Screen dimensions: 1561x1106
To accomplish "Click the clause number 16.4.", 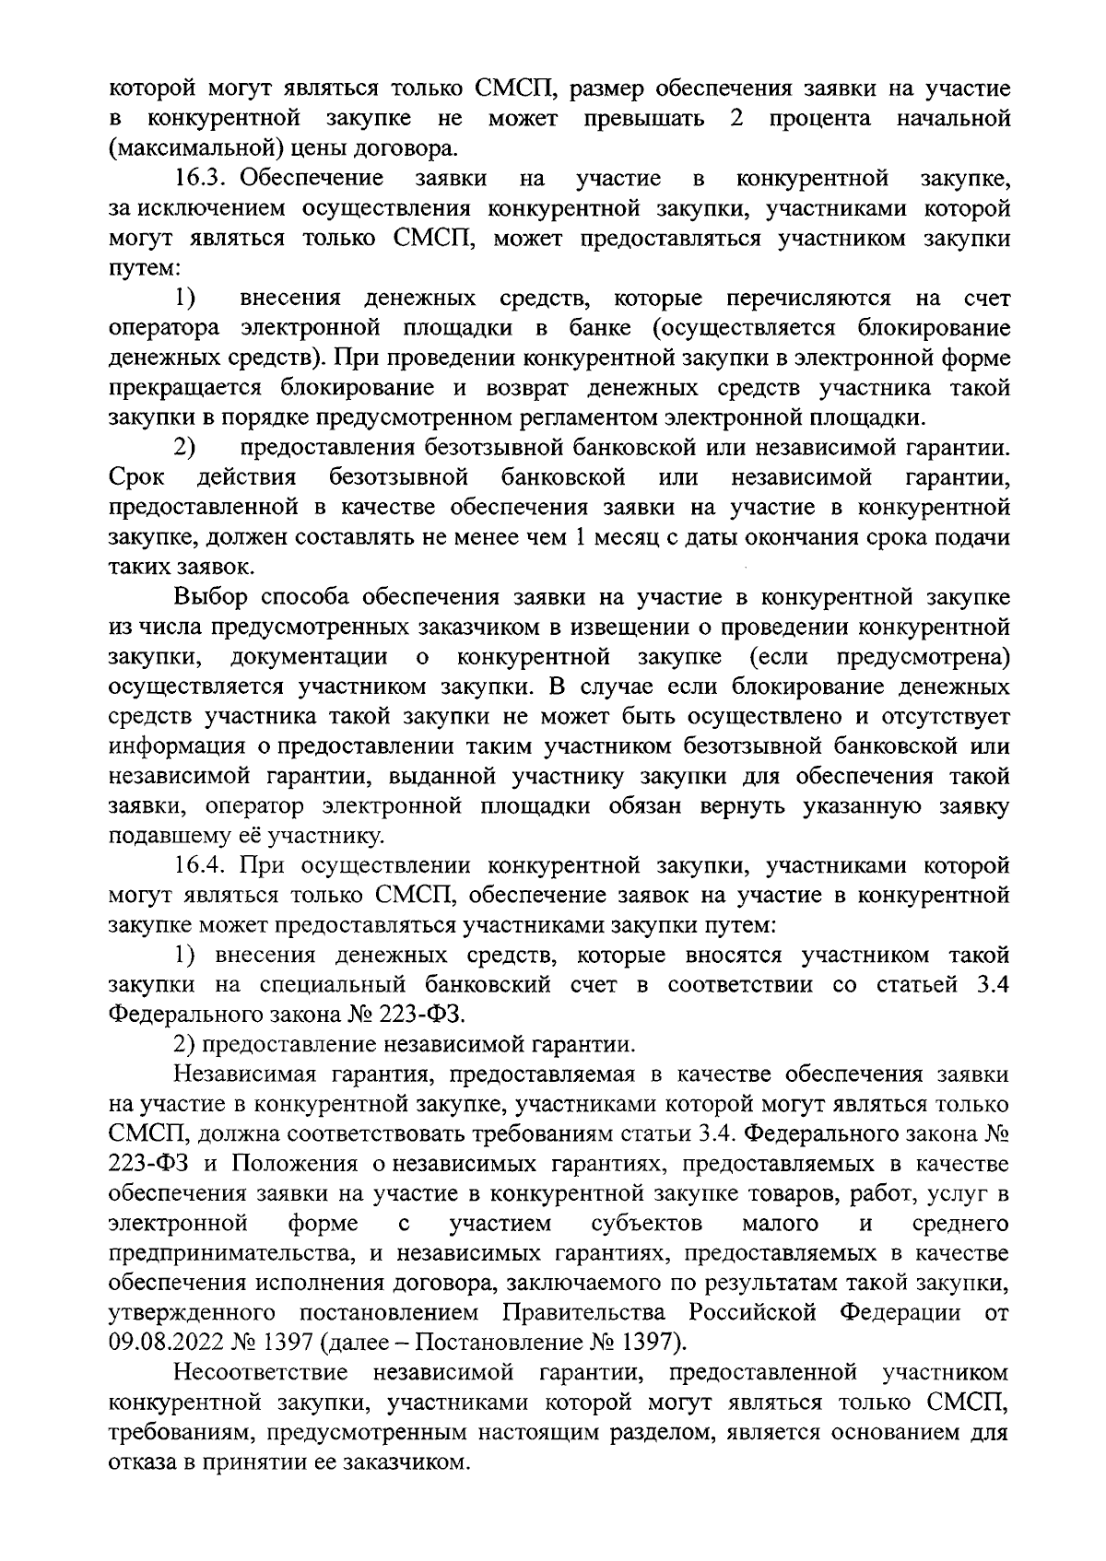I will [x=204, y=865].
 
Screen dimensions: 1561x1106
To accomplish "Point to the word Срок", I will [x=136, y=477].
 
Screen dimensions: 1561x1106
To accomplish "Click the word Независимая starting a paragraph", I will [x=245, y=1074].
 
